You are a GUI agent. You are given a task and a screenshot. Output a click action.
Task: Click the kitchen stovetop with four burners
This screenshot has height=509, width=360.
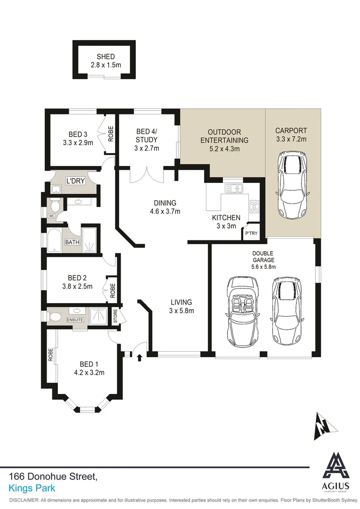(254, 205)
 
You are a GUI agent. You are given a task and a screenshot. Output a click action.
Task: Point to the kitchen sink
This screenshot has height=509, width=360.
(233, 189)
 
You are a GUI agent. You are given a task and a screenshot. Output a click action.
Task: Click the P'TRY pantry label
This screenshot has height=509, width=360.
(250, 233)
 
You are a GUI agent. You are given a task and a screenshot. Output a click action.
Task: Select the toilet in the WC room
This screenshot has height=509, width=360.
(55, 205)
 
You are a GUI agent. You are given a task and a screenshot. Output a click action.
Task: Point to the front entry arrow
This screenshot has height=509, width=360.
(139, 358)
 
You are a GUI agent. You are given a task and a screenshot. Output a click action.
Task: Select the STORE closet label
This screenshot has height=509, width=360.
(115, 316)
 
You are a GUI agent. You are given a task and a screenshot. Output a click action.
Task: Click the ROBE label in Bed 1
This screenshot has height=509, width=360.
(50, 354)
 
